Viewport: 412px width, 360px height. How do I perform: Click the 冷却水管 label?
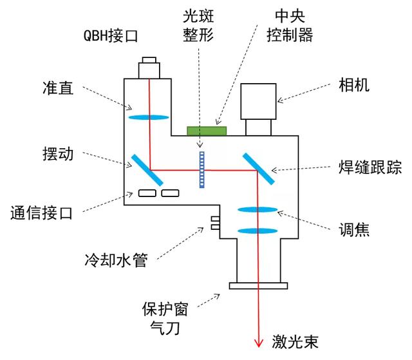pos(116,260)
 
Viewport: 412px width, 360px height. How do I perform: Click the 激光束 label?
pos(296,341)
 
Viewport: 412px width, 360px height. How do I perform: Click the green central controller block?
pos(207,131)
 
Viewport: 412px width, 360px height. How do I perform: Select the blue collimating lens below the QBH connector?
pos(149,118)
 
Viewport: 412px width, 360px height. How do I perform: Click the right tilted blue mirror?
pos(259,169)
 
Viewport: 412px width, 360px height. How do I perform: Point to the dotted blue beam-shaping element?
pos(201,169)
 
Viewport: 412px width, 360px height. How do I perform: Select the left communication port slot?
pos(146,193)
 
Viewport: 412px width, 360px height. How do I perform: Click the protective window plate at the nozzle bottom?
pos(257,285)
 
